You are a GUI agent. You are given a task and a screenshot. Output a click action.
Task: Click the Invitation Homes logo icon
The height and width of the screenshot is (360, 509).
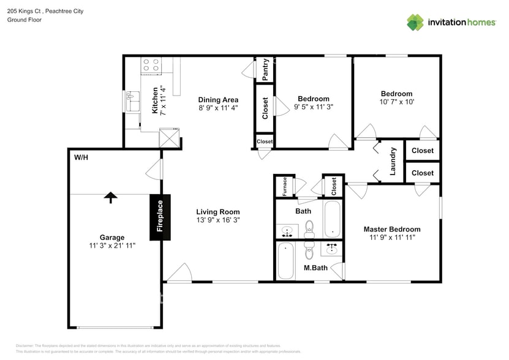pos(415,22)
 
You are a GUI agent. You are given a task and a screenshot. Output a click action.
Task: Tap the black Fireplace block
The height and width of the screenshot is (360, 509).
pos(160,217)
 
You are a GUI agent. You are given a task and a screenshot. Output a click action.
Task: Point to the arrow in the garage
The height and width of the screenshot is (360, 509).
pos(110,197)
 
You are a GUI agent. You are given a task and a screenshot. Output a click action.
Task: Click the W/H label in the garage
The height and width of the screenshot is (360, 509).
pos(81,157)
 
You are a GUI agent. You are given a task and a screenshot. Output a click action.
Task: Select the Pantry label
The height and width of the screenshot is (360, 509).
pos(265,69)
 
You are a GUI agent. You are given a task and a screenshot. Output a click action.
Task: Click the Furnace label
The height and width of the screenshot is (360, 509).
pos(285,187)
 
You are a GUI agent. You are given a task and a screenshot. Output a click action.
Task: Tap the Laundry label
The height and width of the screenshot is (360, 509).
pos(392,160)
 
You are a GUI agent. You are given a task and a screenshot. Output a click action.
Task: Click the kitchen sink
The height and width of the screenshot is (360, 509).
pos(133,105)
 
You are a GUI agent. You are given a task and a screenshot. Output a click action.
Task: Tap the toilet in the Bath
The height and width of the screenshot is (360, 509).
pos(309,229)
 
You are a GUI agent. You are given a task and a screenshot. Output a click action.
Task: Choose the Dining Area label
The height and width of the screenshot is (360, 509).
pos(218,100)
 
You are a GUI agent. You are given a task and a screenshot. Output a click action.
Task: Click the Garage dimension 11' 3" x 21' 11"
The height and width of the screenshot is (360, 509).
pos(112,246)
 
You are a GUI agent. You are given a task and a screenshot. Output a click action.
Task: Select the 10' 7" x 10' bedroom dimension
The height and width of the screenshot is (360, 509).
pos(397,102)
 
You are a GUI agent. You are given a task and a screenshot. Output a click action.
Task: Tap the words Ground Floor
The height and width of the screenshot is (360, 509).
pos(23,20)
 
